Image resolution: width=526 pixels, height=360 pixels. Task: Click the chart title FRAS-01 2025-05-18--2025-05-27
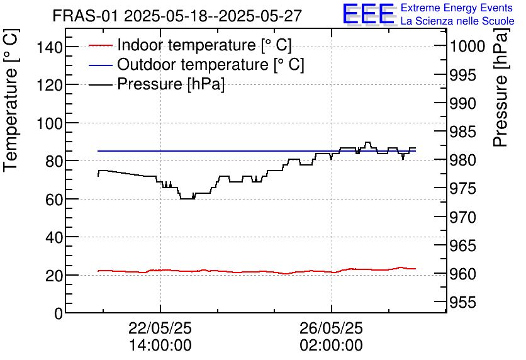click(177, 16)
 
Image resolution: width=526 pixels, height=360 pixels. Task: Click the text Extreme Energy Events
click(457, 8)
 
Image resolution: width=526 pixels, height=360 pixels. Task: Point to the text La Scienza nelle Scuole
click(457, 21)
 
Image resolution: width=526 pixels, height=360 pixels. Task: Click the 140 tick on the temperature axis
click(50, 47)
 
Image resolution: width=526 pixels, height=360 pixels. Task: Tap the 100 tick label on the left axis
click(50, 123)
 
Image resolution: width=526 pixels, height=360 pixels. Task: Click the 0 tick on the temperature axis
click(59, 313)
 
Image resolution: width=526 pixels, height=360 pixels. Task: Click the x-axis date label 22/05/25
click(160, 328)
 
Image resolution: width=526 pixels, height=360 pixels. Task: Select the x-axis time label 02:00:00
click(331, 346)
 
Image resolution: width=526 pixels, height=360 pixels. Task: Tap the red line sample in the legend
click(101, 46)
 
